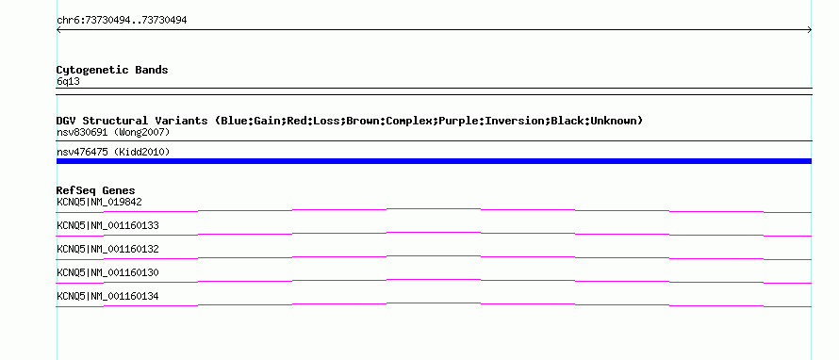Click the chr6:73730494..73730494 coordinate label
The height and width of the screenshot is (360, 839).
click(122, 21)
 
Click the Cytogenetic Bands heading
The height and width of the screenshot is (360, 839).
click(112, 70)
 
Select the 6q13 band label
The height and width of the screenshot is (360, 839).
click(68, 81)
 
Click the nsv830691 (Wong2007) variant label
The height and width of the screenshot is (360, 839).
click(113, 132)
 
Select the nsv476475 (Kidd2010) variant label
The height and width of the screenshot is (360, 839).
click(113, 153)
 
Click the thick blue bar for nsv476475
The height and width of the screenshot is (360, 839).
click(434, 161)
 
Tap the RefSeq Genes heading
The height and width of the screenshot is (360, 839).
click(96, 190)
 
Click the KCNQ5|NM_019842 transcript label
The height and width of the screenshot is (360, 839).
click(99, 203)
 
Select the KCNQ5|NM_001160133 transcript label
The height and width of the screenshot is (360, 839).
click(107, 226)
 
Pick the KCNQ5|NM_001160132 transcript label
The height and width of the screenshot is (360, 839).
click(107, 250)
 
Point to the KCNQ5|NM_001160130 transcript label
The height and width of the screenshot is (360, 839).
click(107, 272)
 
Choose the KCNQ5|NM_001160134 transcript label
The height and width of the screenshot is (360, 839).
click(107, 296)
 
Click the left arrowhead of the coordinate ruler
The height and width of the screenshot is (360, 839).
click(58, 30)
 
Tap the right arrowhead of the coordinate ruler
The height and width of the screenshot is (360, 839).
click(811, 30)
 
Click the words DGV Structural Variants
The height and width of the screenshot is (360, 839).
click(132, 121)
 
